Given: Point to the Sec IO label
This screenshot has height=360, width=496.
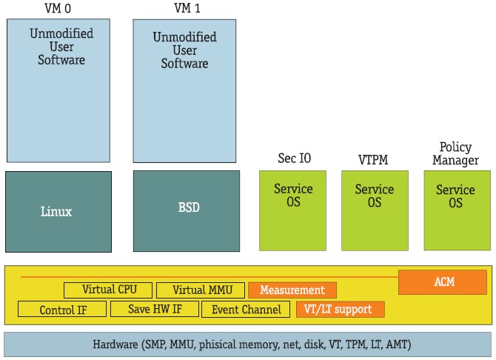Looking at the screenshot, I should click(x=292, y=158).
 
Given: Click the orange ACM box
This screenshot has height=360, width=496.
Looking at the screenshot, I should click(x=443, y=281).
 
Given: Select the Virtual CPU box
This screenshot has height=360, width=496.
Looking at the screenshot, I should click(x=108, y=290).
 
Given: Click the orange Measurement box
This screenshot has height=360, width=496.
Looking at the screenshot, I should click(x=292, y=290).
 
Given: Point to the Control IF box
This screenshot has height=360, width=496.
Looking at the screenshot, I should click(x=63, y=310).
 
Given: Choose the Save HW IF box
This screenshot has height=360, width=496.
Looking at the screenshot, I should click(x=154, y=310).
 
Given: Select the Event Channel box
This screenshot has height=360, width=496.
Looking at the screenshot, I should click(x=246, y=310).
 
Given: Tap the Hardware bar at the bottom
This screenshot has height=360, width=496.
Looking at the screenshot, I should click(x=247, y=344).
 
